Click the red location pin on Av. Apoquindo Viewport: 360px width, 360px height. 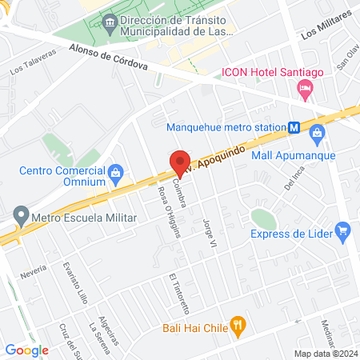point(180,162)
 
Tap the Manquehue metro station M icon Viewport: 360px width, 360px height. point(294,127)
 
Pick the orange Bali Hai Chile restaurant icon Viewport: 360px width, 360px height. point(237,325)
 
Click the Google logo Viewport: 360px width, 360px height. point(26,350)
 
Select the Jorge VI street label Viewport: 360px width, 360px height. point(210,231)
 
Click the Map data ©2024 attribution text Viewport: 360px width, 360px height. point(324,354)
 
